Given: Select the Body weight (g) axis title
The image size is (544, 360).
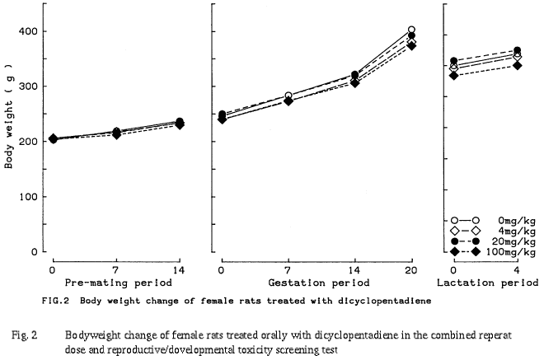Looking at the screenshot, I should (x=11, y=127).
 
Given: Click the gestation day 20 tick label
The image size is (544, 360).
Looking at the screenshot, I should (x=411, y=270).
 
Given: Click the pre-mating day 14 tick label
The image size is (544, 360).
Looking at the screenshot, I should (x=181, y=270).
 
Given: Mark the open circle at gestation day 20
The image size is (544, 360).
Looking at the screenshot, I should (x=411, y=30).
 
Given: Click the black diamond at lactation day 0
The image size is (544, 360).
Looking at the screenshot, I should (x=453, y=75).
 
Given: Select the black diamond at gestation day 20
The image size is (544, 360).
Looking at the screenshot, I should (x=411, y=46).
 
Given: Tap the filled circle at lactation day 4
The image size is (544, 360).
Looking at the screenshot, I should (x=518, y=50).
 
